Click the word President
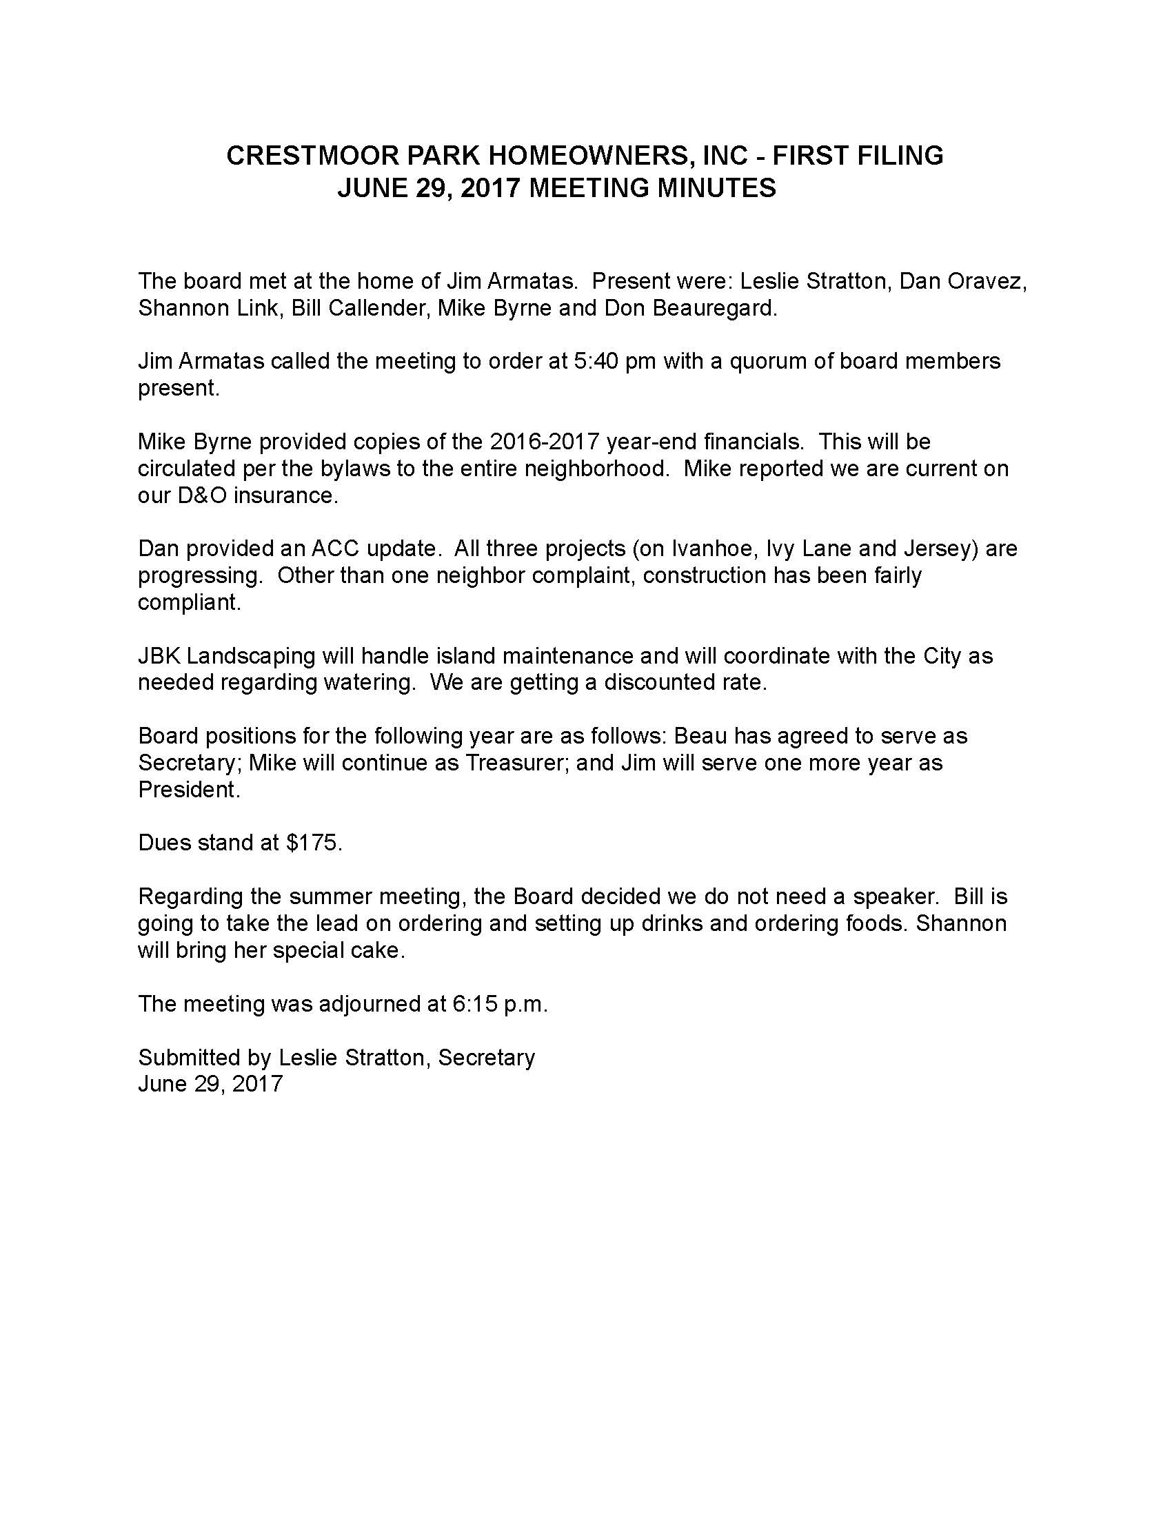coord(189,790)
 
